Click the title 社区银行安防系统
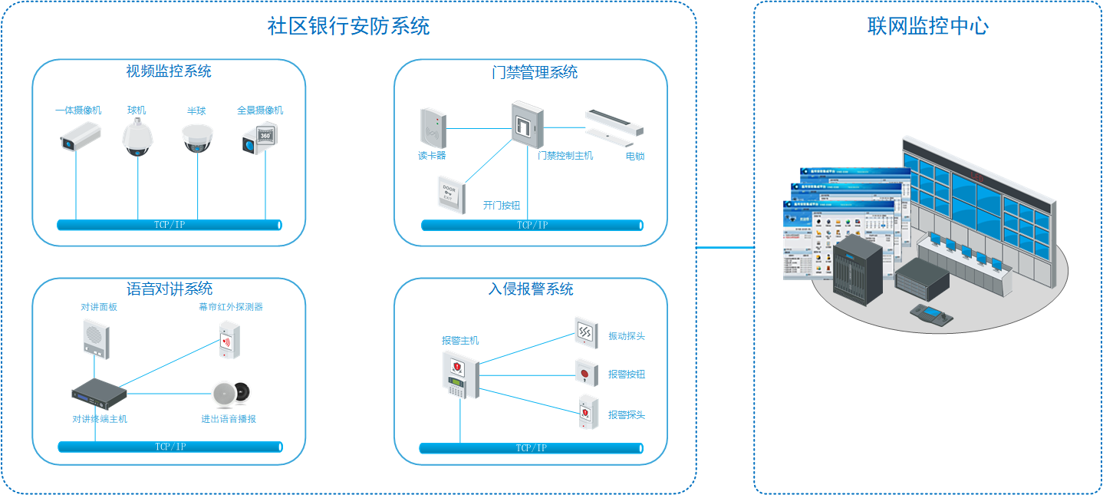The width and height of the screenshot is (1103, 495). pyautogui.click(x=348, y=26)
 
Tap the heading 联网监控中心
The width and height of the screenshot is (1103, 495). pyautogui.click(x=928, y=26)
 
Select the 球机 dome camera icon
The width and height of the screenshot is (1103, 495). pyautogui.click(x=138, y=138)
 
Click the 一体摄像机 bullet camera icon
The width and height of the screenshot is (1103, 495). pyautogui.click(x=80, y=137)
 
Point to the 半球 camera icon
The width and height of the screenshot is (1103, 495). pyautogui.click(x=197, y=139)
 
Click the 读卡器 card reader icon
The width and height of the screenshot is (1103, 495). pyautogui.click(x=432, y=127)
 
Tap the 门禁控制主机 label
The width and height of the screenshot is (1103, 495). pyautogui.click(x=565, y=156)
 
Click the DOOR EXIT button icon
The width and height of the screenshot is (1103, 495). pyautogui.click(x=449, y=193)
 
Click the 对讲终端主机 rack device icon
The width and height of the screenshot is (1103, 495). pyautogui.click(x=99, y=393)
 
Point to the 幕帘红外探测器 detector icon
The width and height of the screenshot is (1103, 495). pyautogui.click(x=229, y=340)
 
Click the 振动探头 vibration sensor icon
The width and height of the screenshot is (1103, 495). pyautogui.click(x=586, y=332)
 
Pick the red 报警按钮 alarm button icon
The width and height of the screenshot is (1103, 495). pyautogui.click(x=586, y=374)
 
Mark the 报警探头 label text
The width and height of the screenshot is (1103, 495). pyautogui.click(x=627, y=415)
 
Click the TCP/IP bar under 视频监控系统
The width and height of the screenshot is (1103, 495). pyautogui.click(x=170, y=225)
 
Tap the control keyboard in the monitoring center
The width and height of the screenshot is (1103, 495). pyautogui.click(x=931, y=315)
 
